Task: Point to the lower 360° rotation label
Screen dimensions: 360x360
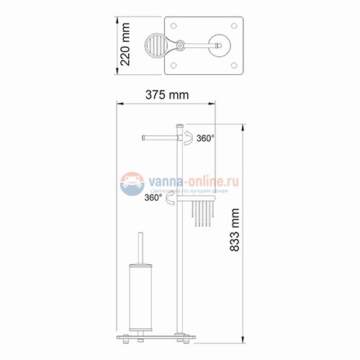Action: (153, 197)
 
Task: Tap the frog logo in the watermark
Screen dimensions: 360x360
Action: (132, 181)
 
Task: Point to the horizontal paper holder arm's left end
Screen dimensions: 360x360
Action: (145, 135)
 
